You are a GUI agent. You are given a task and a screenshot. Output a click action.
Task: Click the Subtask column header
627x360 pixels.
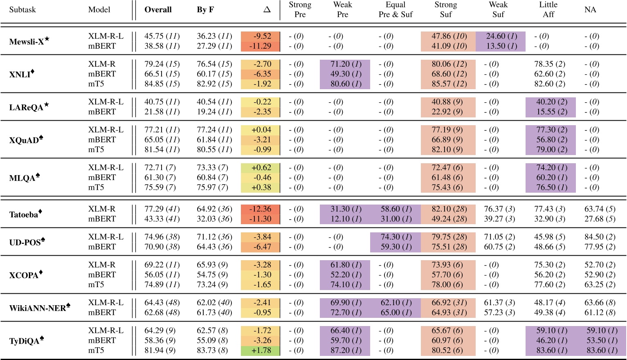coord(22,10)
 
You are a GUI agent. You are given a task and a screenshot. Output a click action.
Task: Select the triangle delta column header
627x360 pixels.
coord(267,10)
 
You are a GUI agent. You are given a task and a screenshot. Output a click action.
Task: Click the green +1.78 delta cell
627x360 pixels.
coord(261,350)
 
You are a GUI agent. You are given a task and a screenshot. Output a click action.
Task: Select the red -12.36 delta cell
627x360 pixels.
coord(261,209)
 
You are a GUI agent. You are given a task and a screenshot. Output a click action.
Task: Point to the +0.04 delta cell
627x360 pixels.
coord(261,130)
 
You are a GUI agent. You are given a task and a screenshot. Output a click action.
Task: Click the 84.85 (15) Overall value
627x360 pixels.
coord(162,84)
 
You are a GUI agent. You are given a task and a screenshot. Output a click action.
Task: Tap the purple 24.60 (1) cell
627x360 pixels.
coord(501,36)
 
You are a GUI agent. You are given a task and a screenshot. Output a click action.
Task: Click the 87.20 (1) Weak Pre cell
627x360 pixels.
coord(346,350)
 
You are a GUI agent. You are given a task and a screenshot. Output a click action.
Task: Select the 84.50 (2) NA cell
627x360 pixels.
coord(600,237)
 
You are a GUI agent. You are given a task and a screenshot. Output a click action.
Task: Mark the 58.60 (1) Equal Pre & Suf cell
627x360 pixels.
coord(396,209)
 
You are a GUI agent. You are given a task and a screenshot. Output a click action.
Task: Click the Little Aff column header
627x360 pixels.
coord(548,10)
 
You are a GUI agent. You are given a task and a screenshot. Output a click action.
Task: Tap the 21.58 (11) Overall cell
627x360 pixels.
coord(162,112)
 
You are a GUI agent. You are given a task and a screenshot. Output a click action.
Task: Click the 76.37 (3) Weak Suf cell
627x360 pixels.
coord(499,209)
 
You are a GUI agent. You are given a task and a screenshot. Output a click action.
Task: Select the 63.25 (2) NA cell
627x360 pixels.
coord(600,284)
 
